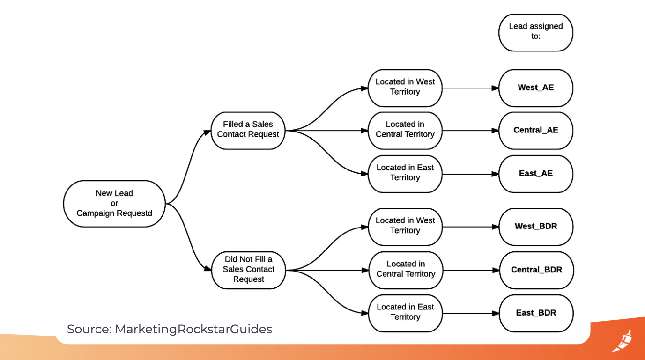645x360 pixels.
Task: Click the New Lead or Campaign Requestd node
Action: click(114, 204)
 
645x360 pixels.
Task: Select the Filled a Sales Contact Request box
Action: click(248, 130)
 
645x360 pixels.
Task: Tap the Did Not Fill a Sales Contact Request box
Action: click(248, 270)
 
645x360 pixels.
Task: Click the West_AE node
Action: click(535, 88)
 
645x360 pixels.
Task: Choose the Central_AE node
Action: click(535, 131)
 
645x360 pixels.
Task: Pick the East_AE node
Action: click(535, 174)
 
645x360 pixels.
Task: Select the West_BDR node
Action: click(536, 227)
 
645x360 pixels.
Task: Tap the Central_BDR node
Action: click(536, 270)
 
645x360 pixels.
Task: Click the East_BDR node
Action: click(536, 313)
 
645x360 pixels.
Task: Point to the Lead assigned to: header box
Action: click(535, 32)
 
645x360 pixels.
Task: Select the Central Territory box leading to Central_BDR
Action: click(405, 270)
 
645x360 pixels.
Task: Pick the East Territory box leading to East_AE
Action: click(405, 173)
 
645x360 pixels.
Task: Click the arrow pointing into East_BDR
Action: click(470, 313)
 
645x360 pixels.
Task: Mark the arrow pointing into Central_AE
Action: click(470, 131)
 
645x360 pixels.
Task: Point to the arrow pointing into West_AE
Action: click(470, 88)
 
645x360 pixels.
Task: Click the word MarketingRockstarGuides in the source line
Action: click(193, 329)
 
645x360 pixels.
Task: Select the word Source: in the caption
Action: click(89, 329)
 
